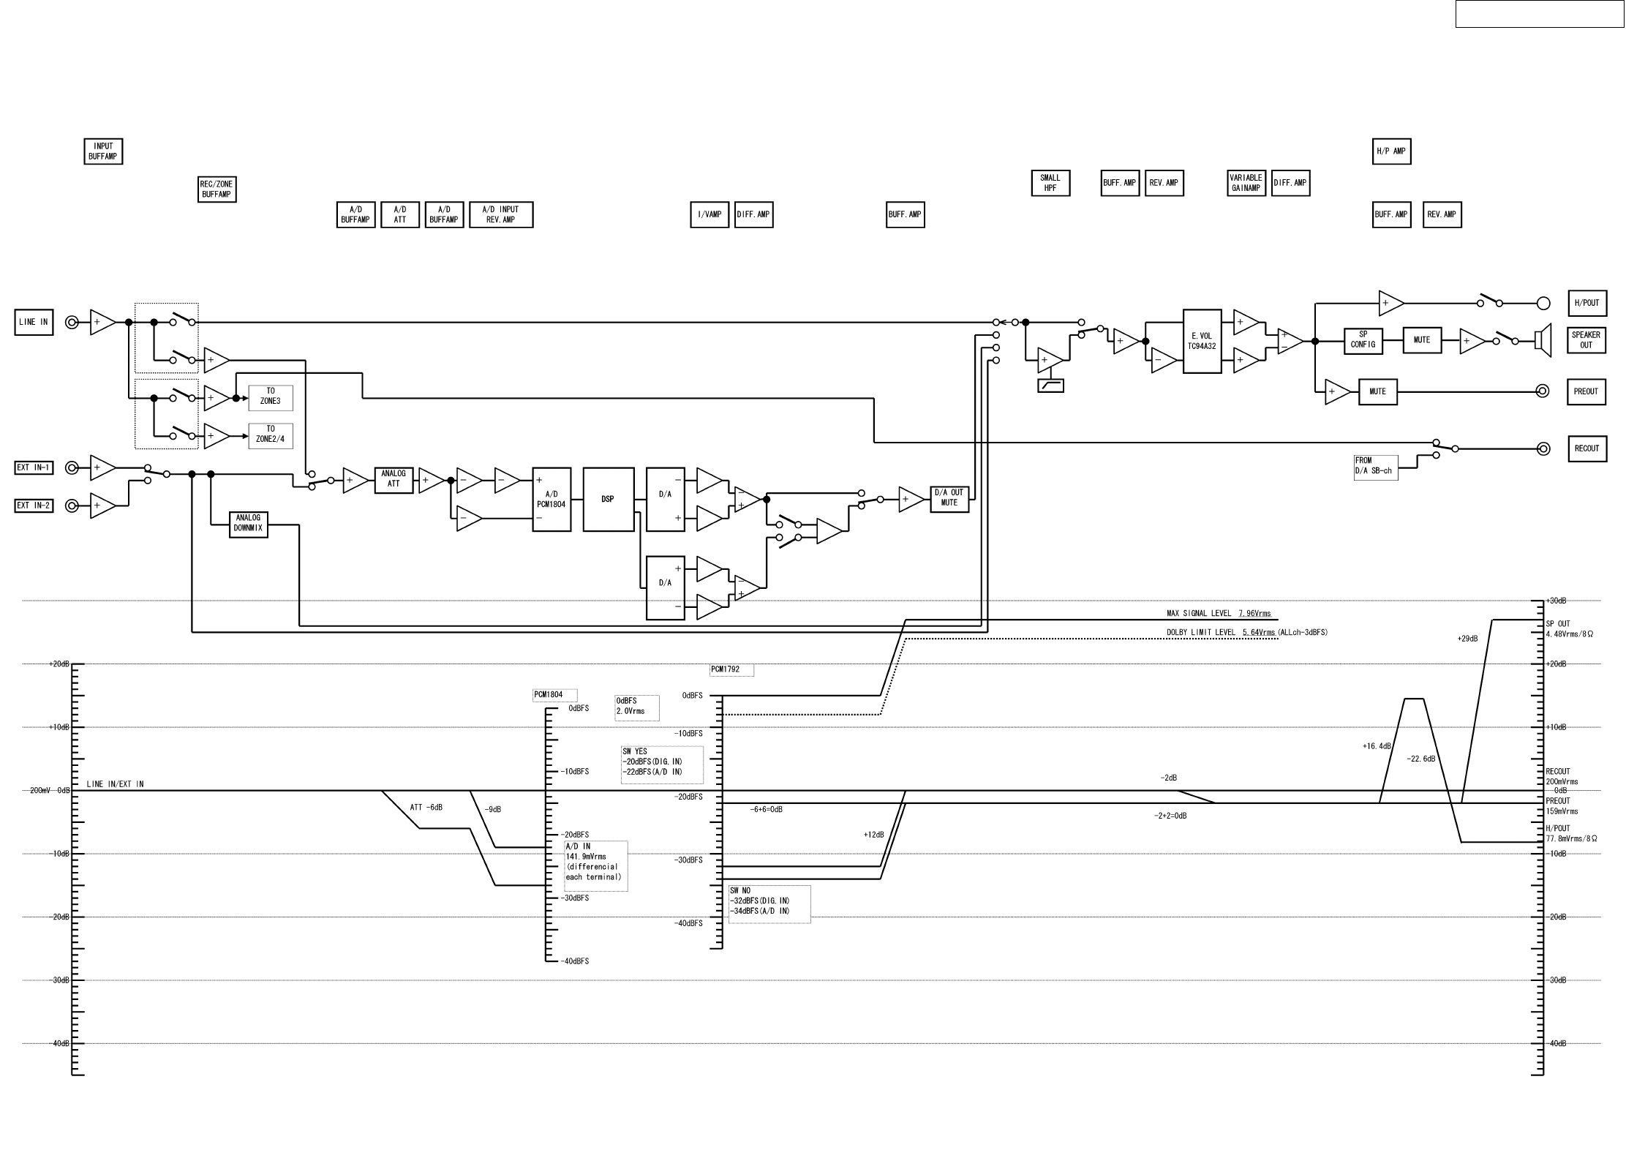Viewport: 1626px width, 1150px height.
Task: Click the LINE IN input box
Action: pyautogui.click(x=34, y=322)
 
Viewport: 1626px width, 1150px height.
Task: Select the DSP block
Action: pyautogui.click(x=608, y=500)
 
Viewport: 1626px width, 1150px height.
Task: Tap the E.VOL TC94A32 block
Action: pyautogui.click(x=1202, y=341)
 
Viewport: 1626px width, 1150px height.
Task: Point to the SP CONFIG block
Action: pyautogui.click(x=1363, y=340)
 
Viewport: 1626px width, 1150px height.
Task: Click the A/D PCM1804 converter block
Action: pyautogui.click(x=551, y=500)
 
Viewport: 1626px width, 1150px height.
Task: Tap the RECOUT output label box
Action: pyautogui.click(x=1587, y=448)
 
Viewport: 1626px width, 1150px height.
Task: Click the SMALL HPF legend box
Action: pyautogui.click(x=1050, y=183)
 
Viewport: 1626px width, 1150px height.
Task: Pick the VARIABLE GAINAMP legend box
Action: pyautogui.click(x=1246, y=183)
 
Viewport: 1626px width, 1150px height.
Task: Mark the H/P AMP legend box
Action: pyautogui.click(x=1390, y=151)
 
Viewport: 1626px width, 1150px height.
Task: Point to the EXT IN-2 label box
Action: pyautogui.click(x=34, y=506)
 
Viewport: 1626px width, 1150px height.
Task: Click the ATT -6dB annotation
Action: pyautogui.click(x=426, y=808)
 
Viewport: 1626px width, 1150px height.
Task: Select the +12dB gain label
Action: pyautogui.click(x=873, y=835)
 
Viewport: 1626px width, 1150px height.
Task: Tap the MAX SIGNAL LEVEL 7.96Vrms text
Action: pyautogui.click(x=1219, y=614)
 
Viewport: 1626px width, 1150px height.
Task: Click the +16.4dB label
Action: pyautogui.click(x=1376, y=747)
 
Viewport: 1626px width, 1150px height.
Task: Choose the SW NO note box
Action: pyautogui.click(x=769, y=904)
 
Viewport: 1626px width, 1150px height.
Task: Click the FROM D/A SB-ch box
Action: pyautogui.click(x=1375, y=466)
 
